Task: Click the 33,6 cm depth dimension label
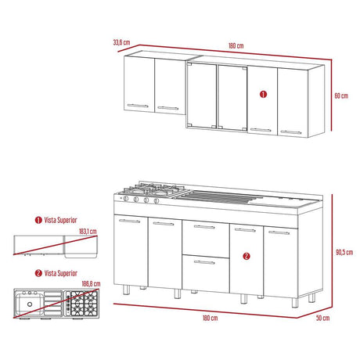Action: coord(121,42)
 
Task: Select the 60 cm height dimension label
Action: coord(341,95)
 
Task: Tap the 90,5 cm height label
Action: coord(344,252)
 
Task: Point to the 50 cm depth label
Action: coord(322,318)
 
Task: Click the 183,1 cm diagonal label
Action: coord(88,232)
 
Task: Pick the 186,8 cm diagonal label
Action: coord(91,284)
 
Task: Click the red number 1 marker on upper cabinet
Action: coord(263,94)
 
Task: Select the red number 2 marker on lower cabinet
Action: coord(247,256)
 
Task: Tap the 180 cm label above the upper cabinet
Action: coord(236,45)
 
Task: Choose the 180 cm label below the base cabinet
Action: coord(210,318)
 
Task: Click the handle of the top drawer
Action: coord(204,227)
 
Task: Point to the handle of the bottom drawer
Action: coord(204,262)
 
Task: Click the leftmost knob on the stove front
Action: coord(126,199)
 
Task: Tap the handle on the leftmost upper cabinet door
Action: coord(138,106)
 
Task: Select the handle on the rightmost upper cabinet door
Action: coord(291,132)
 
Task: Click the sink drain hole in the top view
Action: coord(30,304)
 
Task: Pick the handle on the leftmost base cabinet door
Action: coord(129,221)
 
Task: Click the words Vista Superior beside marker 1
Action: coord(60,220)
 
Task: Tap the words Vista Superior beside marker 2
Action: coord(61,273)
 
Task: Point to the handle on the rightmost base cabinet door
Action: coord(279,232)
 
